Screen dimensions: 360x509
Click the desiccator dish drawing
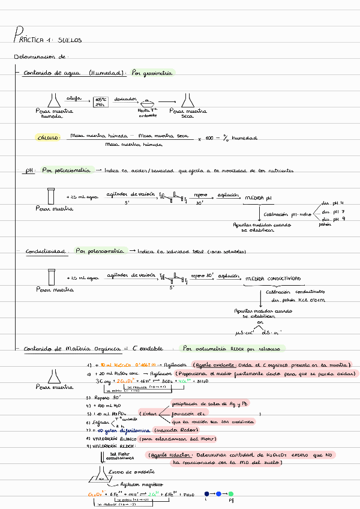(x=147, y=104)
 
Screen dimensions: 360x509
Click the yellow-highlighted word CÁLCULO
(x=49, y=138)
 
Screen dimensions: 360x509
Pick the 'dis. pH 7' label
(x=334, y=212)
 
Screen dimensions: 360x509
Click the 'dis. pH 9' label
(x=334, y=220)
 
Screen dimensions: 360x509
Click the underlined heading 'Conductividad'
(x=46, y=251)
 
